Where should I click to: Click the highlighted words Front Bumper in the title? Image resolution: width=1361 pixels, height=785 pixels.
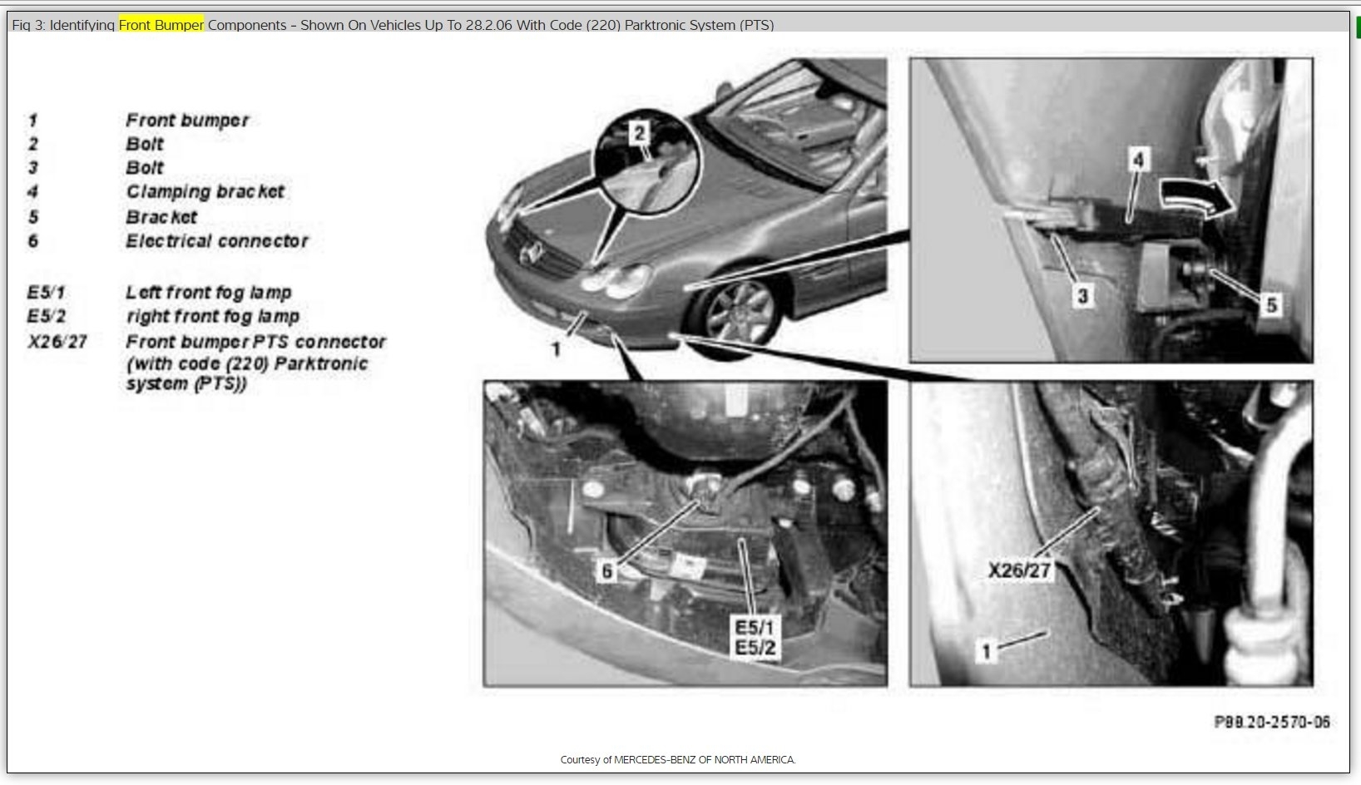coord(161,25)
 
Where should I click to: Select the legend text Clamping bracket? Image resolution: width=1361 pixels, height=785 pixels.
coord(205,192)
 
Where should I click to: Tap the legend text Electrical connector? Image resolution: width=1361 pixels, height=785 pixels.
coord(217,241)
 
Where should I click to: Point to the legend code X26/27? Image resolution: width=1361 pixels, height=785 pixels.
coord(57,342)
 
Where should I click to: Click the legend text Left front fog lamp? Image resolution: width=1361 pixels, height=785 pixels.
coord(209,293)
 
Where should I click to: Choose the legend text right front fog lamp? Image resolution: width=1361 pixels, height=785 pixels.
coord(213,316)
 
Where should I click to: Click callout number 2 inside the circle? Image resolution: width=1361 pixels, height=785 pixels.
coord(639,133)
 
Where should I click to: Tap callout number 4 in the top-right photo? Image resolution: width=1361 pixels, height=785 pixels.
coord(1138,160)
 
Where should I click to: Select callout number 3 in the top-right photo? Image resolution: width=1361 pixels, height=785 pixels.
coord(1082,296)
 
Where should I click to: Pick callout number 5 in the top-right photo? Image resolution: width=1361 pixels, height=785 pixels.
coord(1271,305)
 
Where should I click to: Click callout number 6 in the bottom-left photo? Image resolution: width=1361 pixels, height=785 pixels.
coord(606,570)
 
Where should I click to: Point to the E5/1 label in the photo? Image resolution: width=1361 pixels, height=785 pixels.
coord(755,627)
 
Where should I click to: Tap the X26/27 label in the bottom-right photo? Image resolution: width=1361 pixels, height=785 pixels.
coord(1020,570)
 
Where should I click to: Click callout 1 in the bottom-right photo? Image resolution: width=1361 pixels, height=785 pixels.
coord(986,651)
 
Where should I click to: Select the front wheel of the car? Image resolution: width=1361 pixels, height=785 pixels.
coord(739,314)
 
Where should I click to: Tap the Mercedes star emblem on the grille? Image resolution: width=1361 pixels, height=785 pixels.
coord(531,253)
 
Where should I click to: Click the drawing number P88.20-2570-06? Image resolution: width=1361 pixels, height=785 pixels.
coord(1272,722)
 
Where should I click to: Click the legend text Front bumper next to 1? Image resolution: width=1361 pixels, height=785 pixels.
coord(187,121)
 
